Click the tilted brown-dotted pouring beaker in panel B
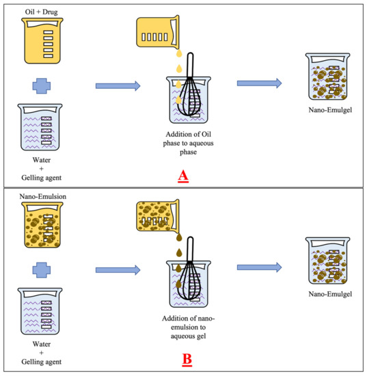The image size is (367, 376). pyautogui.click(x=163, y=217)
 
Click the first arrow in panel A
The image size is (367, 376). pyautogui.click(x=118, y=85)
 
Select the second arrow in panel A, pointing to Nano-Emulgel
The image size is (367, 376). pyautogui.click(x=259, y=83)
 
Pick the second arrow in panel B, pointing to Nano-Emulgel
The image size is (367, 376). pyautogui.click(x=259, y=268)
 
